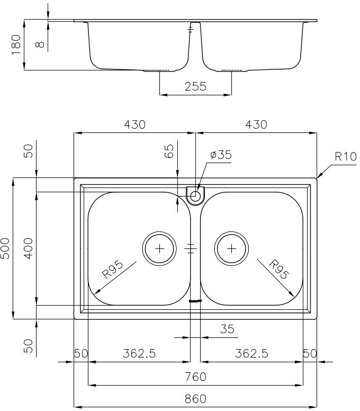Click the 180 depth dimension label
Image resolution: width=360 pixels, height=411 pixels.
click(16, 44)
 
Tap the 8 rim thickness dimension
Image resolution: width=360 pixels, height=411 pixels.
click(40, 44)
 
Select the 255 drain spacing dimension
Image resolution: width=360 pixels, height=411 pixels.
click(195, 86)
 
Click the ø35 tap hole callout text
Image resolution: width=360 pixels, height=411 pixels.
click(221, 155)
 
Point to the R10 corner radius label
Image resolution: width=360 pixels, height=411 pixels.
click(346, 156)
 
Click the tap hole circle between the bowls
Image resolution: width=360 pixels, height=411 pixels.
click(195, 195)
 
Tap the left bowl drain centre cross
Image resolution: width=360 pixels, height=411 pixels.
click(159, 248)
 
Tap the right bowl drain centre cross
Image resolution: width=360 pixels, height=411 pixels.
click(231, 248)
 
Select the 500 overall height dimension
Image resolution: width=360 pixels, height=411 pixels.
click(5, 248)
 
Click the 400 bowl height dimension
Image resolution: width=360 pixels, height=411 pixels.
click(29, 248)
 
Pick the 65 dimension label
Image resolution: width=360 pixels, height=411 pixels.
click(169, 151)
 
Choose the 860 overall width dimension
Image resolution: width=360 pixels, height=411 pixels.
click(195, 399)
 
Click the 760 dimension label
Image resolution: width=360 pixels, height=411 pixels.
click(195, 377)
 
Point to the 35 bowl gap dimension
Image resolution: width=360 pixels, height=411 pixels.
click(227, 329)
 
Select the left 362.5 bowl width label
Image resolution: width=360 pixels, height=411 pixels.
click(139, 353)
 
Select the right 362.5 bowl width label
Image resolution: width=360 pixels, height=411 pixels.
click(251, 353)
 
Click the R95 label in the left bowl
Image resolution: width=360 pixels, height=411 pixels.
click(112, 269)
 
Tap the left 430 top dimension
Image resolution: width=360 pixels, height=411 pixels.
click(134, 124)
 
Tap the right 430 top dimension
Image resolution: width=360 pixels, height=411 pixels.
click(256, 124)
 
